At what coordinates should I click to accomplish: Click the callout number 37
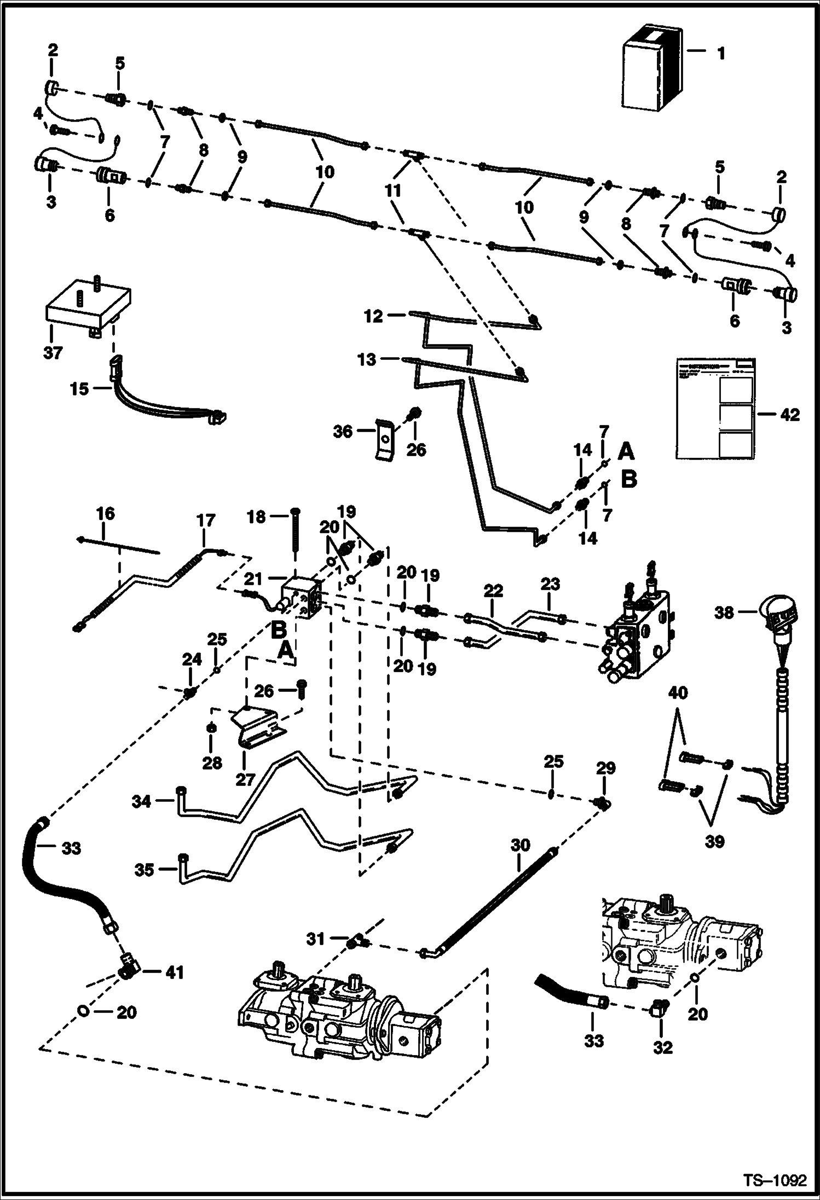pyautogui.click(x=53, y=353)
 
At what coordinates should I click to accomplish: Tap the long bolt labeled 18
pyautogui.click(x=296, y=539)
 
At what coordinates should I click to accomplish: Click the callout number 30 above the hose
pyautogui.click(x=520, y=845)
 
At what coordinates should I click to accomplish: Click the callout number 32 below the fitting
pyautogui.click(x=662, y=1047)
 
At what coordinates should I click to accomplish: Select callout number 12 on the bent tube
pyautogui.click(x=374, y=316)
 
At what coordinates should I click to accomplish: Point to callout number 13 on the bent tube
pyautogui.click(x=367, y=359)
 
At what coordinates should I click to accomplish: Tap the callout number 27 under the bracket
pyautogui.click(x=245, y=778)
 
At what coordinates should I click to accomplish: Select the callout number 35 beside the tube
pyautogui.click(x=145, y=870)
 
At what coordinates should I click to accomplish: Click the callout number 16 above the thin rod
pyautogui.click(x=105, y=514)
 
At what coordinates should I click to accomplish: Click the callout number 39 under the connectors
pyautogui.click(x=714, y=841)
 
